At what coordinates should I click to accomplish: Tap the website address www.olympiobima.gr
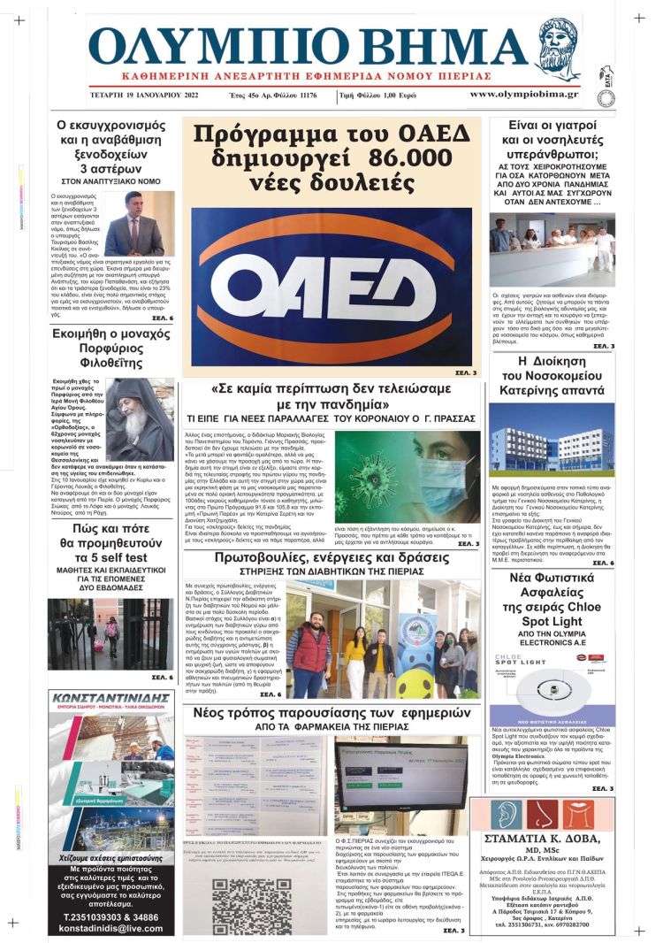coord(523,94)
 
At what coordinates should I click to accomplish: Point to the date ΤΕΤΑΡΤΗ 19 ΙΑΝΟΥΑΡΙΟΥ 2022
coord(149,95)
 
